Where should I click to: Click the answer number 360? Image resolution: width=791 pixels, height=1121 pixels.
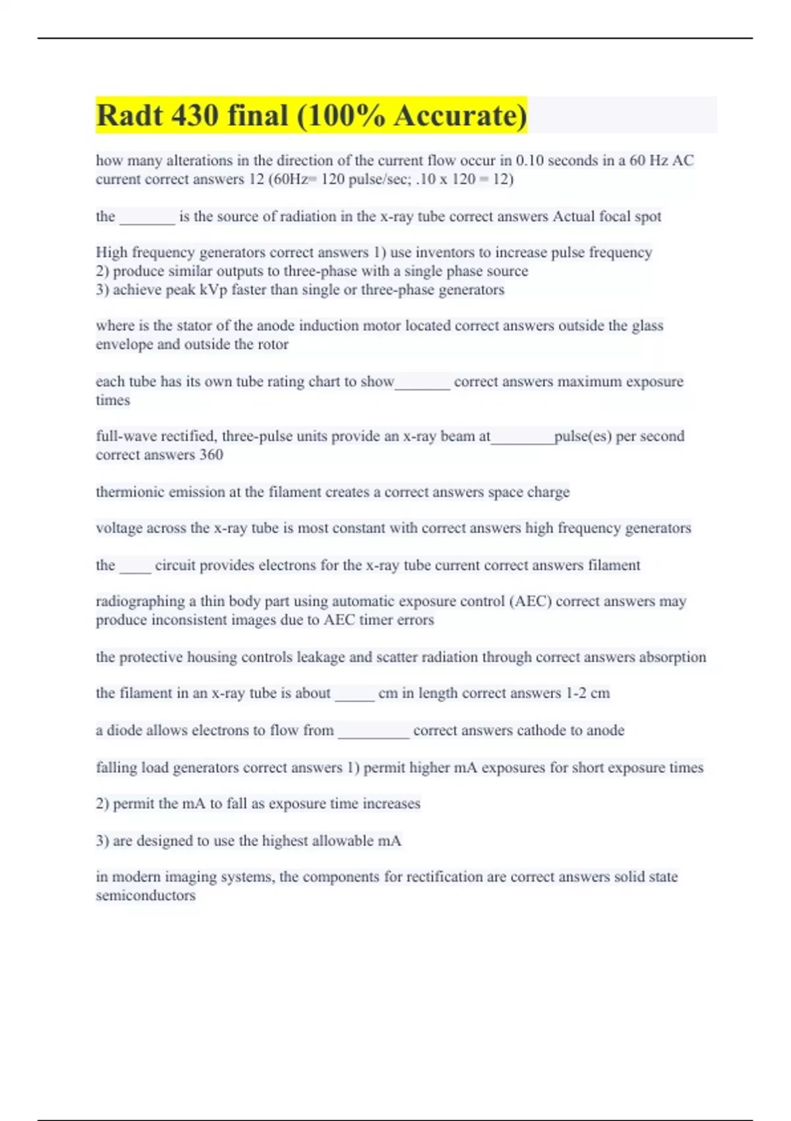click(x=211, y=454)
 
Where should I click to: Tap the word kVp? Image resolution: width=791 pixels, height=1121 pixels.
click(x=212, y=289)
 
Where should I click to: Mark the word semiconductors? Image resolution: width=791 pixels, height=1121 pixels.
click(x=146, y=895)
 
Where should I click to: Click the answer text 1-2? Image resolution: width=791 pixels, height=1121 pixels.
click(x=576, y=693)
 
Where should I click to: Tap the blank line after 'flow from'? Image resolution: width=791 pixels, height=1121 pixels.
click(x=373, y=734)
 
